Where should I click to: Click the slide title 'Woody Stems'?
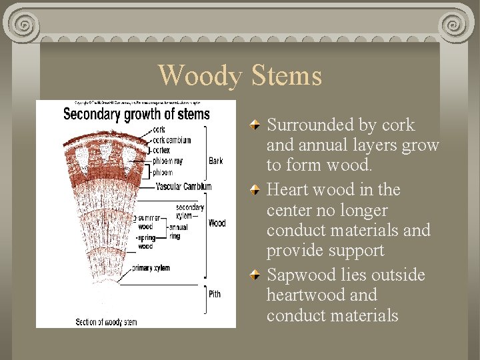coord(240,75)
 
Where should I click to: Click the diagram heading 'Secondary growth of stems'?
coord(136,114)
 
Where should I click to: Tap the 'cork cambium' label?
coord(172,140)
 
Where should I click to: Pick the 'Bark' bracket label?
coord(216,161)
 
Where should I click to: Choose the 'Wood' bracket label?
coord(217,223)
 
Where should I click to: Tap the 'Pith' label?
coord(215,294)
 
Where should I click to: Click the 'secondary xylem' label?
coord(190,211)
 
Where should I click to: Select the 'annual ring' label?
coord(178,231)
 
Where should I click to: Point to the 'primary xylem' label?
coord(151,268)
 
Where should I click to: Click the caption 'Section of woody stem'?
coord(107,322)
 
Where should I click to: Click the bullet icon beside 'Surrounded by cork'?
coord(256,125)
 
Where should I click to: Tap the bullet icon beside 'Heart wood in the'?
coord(256,191)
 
